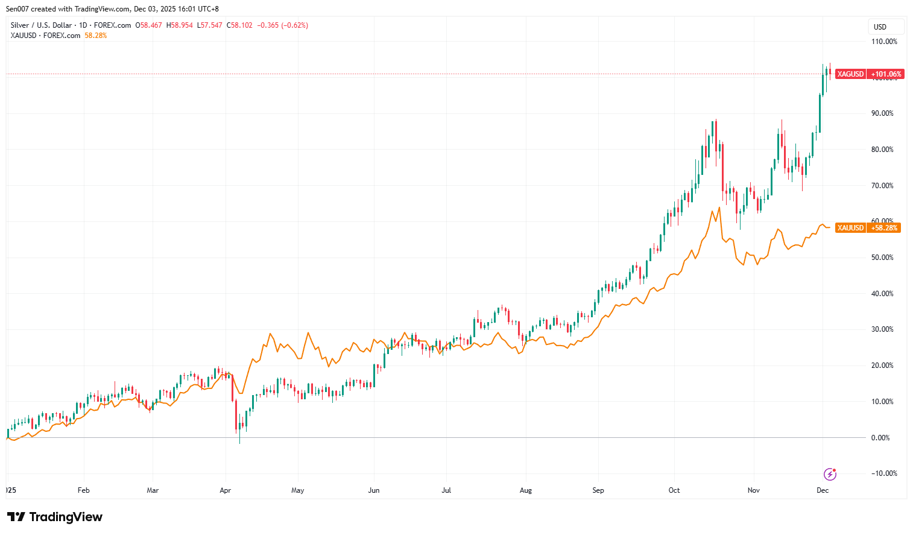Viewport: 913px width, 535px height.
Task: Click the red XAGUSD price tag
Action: click(850, 74)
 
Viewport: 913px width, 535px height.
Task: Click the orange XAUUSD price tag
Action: click(850, 228)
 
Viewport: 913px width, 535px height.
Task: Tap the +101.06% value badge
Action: click(886, 74)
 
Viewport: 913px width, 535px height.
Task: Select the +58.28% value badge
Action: click(884, 228)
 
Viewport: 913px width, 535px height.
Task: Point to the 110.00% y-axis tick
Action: click(884, 42)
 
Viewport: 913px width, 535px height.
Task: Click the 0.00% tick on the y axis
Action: click(880, 438)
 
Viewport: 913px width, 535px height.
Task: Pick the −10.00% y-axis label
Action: click(884, 473)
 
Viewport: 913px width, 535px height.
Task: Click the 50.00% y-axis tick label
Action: click(882, 258)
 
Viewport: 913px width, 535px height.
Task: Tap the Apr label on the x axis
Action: click(226, 490)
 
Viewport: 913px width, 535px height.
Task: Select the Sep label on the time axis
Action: click(598, 490)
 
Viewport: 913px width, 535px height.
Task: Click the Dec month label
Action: click(823, 490)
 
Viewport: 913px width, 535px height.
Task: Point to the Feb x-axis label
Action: click(84, 490)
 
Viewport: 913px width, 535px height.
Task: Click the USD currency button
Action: click(880, 27)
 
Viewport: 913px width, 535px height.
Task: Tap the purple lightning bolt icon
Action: click(830, 474)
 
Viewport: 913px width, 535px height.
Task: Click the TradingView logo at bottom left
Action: click(55, 517)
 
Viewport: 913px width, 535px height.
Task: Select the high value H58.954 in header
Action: click(180, 25)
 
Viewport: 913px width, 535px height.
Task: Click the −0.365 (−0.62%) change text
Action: click(282, 25)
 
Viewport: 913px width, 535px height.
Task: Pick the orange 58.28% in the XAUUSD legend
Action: click(96, 36)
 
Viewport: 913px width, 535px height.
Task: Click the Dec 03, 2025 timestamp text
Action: click(156, 9)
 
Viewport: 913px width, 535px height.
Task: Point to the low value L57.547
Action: click(210, 25)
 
